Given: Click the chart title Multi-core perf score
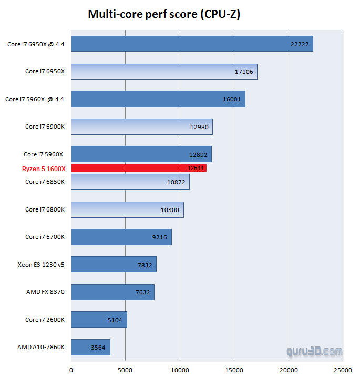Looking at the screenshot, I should [163, 14].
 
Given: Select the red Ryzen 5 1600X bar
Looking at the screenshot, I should [139, 168].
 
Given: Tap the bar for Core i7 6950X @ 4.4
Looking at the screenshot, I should [192, 44].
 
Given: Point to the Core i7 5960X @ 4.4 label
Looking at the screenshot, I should [35, 99].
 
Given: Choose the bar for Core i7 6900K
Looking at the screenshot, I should [141, 127].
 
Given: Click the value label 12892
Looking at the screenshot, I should [198, 154].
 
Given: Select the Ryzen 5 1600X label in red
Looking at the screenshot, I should [43, 168].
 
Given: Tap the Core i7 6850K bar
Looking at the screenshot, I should [130, 182].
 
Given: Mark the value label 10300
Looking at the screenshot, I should [170, 209].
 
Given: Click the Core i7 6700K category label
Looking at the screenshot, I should [45, 237].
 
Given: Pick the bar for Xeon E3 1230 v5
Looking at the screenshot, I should [114, 265].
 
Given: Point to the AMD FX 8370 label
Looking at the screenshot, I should [45, 292].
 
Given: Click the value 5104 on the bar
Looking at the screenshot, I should [114, 320].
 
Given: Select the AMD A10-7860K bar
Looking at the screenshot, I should [90, 347].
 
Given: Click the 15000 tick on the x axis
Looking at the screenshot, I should [234, 370].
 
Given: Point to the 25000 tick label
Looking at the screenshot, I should [343, 370].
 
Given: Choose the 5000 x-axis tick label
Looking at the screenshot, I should [125, 370].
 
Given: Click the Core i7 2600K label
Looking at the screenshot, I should [45, 320].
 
